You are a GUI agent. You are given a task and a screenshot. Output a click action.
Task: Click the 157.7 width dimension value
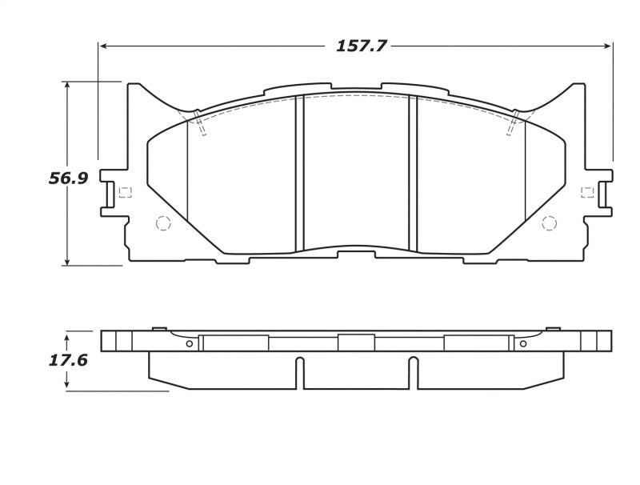coord(361,46)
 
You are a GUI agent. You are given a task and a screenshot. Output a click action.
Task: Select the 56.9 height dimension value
coord(68,178)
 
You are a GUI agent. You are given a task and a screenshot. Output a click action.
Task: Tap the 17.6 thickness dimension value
coord(68,360)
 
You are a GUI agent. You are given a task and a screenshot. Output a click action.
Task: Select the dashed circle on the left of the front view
coord(163,223)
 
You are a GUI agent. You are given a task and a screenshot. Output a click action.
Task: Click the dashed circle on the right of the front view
coord(549,223)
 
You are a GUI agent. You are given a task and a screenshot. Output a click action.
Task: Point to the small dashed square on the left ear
coord(124,192)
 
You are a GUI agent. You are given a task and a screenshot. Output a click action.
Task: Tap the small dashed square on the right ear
coord(587,192)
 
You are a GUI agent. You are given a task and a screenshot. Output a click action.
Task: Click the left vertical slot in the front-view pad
coord(300,172)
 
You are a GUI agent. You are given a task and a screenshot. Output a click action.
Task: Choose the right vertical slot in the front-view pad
coord(414,172)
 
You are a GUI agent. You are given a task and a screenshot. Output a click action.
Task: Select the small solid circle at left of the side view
coord(189,344)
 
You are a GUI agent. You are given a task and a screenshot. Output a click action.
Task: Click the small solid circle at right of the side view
coord(523,344)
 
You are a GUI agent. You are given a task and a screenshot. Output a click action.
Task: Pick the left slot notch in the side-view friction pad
coord(300,372)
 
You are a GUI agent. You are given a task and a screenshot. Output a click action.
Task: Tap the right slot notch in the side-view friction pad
coord(414,372)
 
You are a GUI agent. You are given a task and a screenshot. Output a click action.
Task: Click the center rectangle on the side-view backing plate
coord(356,343)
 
